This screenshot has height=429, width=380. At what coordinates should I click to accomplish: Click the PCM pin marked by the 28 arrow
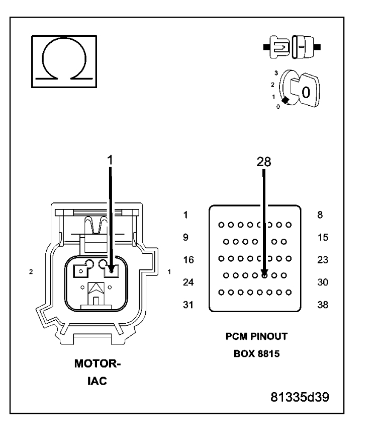tap(264, 275)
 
